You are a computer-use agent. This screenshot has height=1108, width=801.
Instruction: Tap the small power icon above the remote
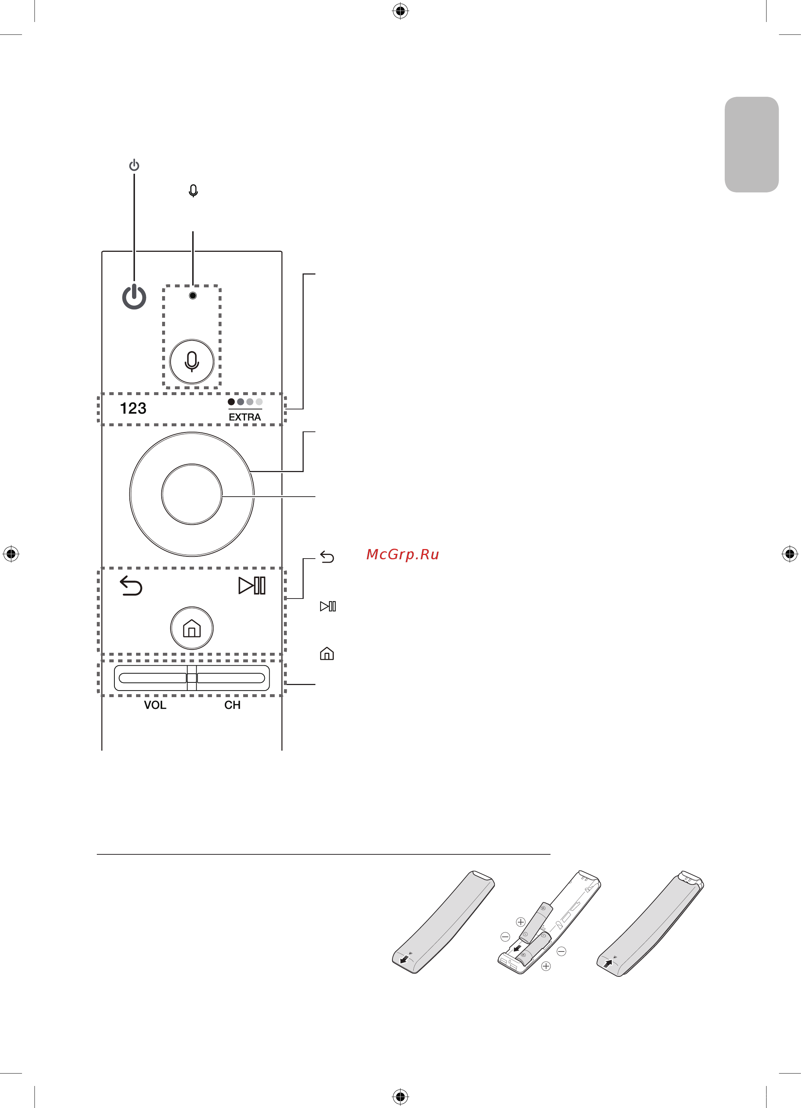tap(134, 166)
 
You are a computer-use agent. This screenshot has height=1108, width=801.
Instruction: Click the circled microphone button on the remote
tap(191, 361)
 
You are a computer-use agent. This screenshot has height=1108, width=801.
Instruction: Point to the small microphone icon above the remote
tap(193, 191)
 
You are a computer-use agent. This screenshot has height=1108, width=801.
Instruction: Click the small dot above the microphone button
tap(193, 295)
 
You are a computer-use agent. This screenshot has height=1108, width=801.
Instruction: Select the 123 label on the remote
tap(133, 408)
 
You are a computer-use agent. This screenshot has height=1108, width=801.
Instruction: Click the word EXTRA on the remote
tap(245, 417)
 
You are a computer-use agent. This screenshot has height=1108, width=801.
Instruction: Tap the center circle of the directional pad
tap(191, 494)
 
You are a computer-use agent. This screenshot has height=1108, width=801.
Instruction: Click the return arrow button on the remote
tap(131, 586)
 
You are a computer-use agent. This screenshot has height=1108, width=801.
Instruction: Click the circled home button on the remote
tap(191, 628)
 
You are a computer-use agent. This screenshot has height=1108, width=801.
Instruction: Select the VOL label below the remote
tap(155, 705)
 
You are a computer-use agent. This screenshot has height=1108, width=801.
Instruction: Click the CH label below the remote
tap(232, 705)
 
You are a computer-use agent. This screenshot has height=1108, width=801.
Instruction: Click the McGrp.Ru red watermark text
tap(402, 555)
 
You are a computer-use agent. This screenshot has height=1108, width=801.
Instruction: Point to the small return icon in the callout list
tap(327, 557)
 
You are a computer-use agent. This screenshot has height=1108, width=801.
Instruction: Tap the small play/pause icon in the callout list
tap(328, 606)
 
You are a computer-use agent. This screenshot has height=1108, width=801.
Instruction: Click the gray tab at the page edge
tap(751, 145)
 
